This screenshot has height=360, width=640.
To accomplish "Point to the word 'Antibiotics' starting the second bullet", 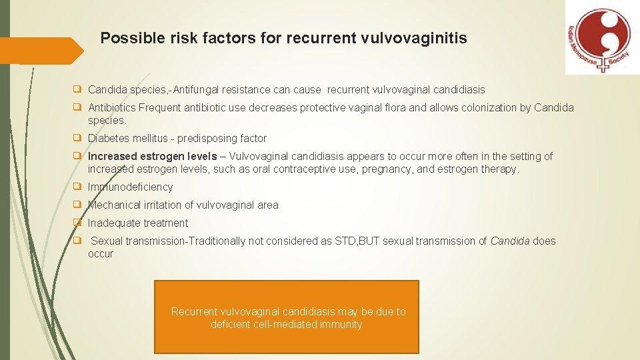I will [x=111, y=108].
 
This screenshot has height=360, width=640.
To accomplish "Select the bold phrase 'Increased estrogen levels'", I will [x=153, y=157].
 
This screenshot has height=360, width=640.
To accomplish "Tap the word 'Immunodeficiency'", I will [x=131, y=187].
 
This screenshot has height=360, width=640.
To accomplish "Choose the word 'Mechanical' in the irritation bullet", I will [x=116, y=205].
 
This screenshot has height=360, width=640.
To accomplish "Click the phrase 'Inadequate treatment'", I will [x=138, y=223].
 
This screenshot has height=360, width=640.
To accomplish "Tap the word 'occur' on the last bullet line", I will [x=101, y=254].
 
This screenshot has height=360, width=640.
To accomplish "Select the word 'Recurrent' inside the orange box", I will [x=194, y=312].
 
